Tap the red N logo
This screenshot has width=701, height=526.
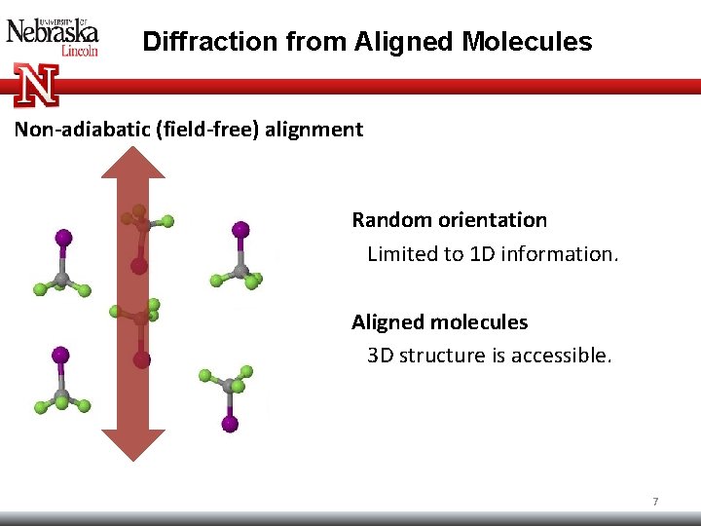pyautogui.click(x=36, y=85)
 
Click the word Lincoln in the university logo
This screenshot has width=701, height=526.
pyautogui.click(x=80, y=50)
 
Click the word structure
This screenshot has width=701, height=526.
pyautogui.click(x=438, y=356)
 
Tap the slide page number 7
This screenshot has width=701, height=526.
pyautogui.click(x=655, y=502)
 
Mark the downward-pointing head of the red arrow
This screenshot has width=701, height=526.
pyautogui.click(x=133, y=443)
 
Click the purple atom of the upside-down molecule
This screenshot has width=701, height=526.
pyautogui.click(x=230, y=423)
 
